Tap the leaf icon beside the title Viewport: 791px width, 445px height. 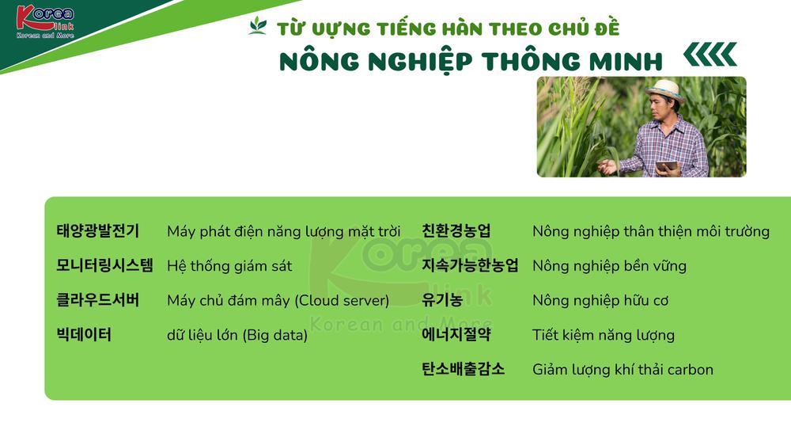(x=258, y=26)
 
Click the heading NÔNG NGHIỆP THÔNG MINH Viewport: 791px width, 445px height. (x=471, y=62)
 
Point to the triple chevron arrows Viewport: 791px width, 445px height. (x=710, y=55)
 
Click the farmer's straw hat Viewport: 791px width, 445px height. (x=665, y=90)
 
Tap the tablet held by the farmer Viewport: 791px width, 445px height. (x=666, y=166)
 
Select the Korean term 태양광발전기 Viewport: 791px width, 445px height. (x=97, y=231)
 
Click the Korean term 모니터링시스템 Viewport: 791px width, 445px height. (x=104, y=266)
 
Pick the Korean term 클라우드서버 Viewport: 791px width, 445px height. (x=97, y=300)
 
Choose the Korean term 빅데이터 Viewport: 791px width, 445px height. (x=84, y=334)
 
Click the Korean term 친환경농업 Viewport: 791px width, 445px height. (x=456, y=231)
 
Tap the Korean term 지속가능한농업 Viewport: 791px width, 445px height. (x=470, y=266)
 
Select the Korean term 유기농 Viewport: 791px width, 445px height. (x=442, y=300)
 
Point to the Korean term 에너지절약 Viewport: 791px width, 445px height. (x=456, y=334)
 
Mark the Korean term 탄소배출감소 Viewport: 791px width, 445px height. (x=463, y=369)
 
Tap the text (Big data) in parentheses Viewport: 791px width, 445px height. (x=275, y=335)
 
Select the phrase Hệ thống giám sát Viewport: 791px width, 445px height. (x=229, y=266)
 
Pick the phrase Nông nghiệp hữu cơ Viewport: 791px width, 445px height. (x=600, y=301)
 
